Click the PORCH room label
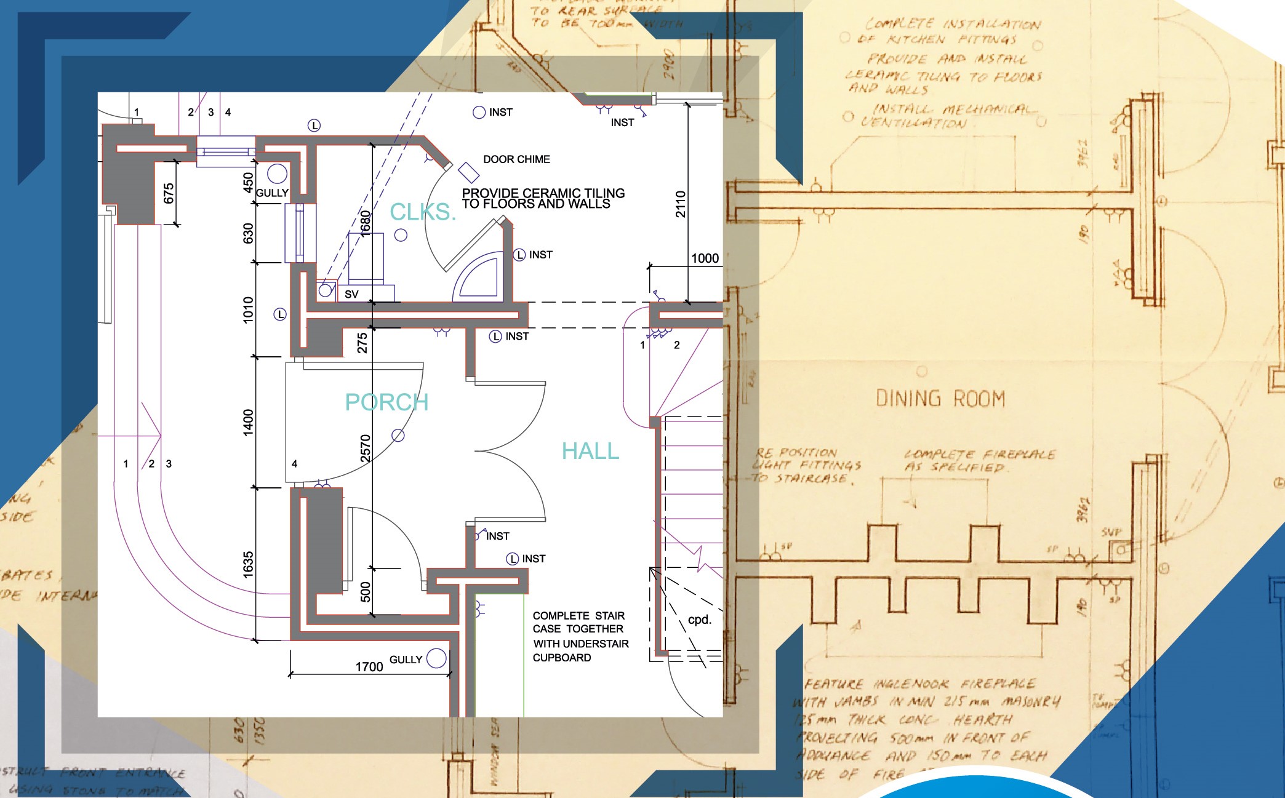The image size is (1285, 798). [x=386, y=402]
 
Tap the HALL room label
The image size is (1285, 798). [x=590, y=451]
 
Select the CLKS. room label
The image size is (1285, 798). [x=423, y=212]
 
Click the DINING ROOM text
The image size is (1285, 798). [x=940, y=399]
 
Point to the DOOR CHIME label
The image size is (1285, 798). [x=516, y=159]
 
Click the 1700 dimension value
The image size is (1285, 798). [x=369, y=667]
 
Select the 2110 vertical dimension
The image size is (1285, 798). [x=681, y=204]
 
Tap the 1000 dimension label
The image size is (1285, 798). [x=705, y=258]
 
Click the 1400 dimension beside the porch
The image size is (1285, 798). [x=248, y=422]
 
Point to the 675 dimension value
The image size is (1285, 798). [x=169, y=193]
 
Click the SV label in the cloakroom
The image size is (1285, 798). [x=351, y=295]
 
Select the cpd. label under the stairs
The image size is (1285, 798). [x=700, y=620]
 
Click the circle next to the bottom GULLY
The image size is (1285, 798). [x=436, y=658]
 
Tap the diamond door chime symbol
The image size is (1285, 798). [x=468, y=172]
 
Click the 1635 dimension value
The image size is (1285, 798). [x=248, y=564]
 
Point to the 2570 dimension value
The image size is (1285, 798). [x=365, y=448]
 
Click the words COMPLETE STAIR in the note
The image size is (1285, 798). [x=578, y=616]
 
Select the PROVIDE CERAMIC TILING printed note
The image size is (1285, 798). [x=543, y=193]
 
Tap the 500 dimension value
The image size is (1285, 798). [x=365, y=591]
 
